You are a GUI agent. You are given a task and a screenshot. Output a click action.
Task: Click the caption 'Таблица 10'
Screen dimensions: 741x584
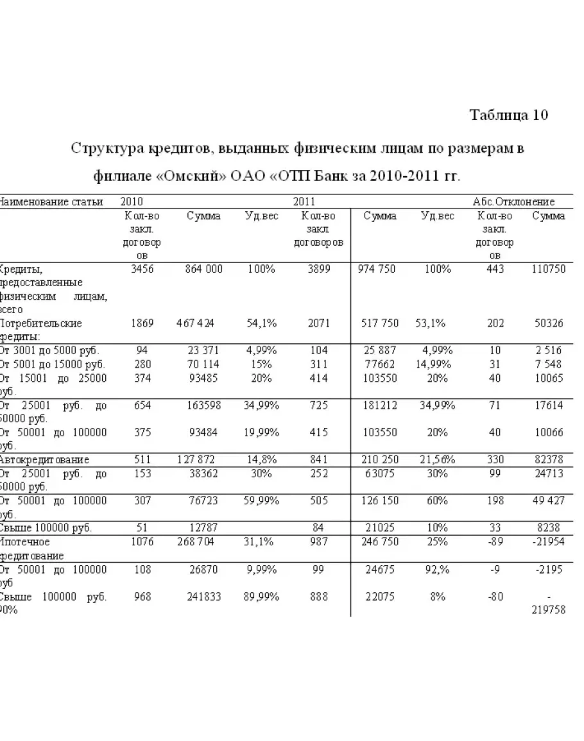[x=509, y=115]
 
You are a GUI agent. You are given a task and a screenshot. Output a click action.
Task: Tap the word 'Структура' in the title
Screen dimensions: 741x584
[x=110, y=149]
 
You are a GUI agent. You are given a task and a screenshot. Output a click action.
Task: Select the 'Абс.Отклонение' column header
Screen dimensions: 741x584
[x=513, y=201]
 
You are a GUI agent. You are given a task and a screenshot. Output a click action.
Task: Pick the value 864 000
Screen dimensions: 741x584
[x=203, y=269]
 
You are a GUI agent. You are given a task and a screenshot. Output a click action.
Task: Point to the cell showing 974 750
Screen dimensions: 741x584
[x=376, y=269]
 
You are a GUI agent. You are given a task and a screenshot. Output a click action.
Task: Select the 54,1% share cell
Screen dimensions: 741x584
[x=262, y=323]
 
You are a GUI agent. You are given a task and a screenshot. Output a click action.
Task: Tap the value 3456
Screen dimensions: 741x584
[x=142, y=269]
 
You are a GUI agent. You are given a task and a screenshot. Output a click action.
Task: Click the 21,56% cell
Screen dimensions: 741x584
[x=438, y=459]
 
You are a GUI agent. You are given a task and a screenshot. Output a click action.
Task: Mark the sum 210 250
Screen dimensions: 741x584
[x=381, y=459]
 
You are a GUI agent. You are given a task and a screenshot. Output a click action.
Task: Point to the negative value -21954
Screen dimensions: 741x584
[x=548, y=541]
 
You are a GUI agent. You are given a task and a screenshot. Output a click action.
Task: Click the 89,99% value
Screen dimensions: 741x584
[x=262, y=597]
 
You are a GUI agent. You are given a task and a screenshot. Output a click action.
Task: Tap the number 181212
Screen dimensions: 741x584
[x=381, y=405]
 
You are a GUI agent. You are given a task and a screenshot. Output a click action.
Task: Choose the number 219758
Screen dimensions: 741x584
[x=548, y=610]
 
